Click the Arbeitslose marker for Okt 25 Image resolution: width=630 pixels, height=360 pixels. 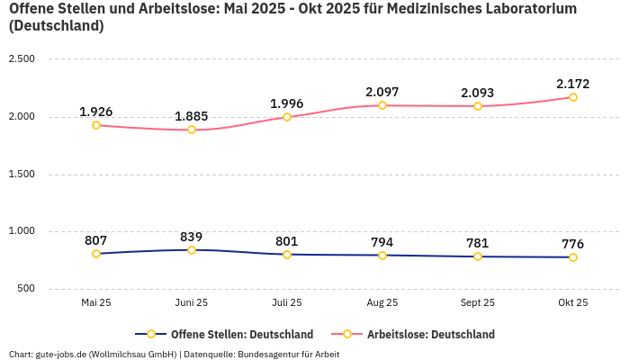[573, 97]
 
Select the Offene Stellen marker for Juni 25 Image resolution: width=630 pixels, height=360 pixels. [192, 250]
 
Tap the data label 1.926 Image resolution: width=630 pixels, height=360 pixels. [96, 112]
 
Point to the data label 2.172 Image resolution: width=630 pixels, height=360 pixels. [573, 84]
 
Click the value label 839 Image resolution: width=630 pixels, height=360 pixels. [192, 237]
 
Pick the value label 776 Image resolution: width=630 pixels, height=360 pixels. [573, 244]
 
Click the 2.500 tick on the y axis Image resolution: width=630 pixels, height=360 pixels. [22, 59]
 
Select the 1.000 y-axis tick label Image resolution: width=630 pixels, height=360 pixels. [22, 231]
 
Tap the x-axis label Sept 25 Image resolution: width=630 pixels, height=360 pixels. [478, 303]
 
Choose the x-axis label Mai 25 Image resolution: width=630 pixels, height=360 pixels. [96, 303]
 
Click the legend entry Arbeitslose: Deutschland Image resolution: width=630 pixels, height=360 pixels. [430, 335]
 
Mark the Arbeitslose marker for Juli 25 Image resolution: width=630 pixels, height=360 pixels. [287, 117]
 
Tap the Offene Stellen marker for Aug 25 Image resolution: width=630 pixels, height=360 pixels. [382, 256]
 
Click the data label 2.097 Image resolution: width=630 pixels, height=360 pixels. [382, 92]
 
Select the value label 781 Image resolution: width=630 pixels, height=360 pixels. [478, 243]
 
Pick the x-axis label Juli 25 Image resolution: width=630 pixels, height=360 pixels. [287, 303]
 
